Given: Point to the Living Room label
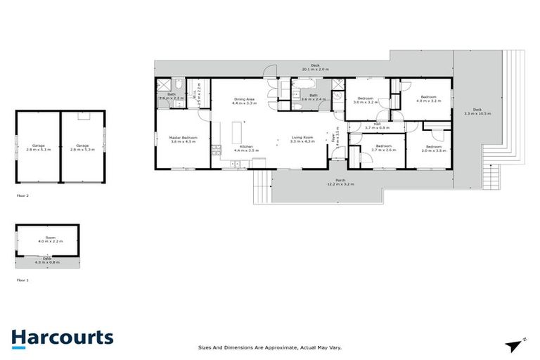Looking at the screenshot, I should (x=304, y=139).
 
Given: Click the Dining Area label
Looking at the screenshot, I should (x=245, y=101).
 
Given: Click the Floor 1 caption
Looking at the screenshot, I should (x=22, y=280).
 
